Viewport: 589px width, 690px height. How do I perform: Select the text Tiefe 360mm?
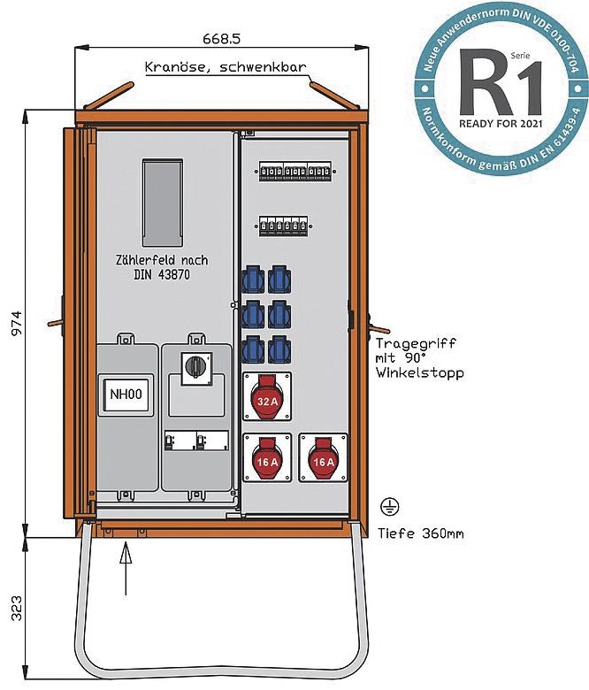(421, 533)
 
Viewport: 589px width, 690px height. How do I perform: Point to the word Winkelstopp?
(420, 373)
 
